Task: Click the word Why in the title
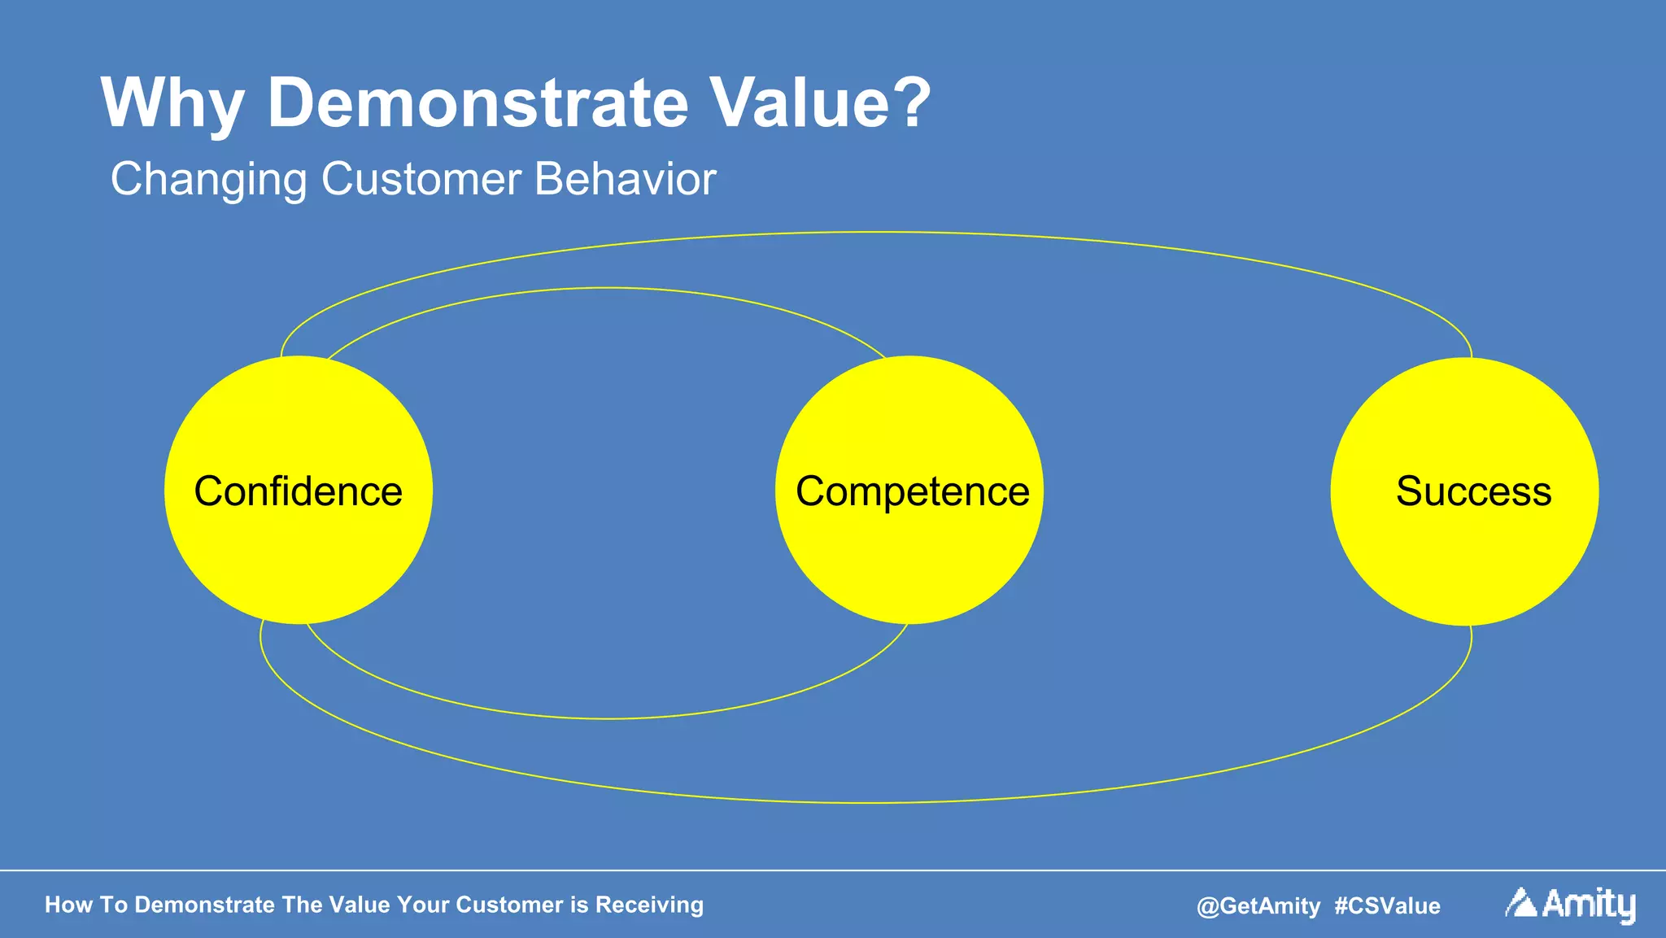click(x=172, y=104)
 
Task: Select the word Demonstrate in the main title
click(x=478, y=103)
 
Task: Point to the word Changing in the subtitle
click(x=208, y=180)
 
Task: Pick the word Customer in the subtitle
click(x=421, y=179)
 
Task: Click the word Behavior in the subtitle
click(x=625, y=179)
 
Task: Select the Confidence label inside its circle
click(x=298, y=491)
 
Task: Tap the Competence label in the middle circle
click(x=912, y=491)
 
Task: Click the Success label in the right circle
click(x=1473, y=491)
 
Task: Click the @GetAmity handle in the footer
click(x=1258, y=905)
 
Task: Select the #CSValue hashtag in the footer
click(x=1387, y=905)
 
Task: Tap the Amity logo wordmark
click(x=1588, y=905)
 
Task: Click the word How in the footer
click(x=68, y=905)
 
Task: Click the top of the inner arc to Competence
click(x=606, y=288)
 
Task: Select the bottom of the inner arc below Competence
click(x=606, y=718)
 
